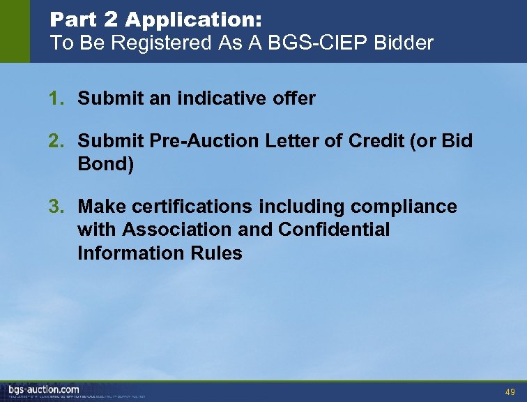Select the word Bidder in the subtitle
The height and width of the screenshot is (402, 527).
coord(404,43)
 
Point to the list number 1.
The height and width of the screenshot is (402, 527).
coord(54,99)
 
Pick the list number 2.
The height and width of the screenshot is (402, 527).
coord(54,142)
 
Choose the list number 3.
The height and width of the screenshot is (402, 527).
coord(54,207)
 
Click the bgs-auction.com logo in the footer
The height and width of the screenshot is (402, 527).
coord(44,389)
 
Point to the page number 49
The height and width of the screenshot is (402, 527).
coord(510,392)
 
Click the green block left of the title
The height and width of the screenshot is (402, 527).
coord(15,31)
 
